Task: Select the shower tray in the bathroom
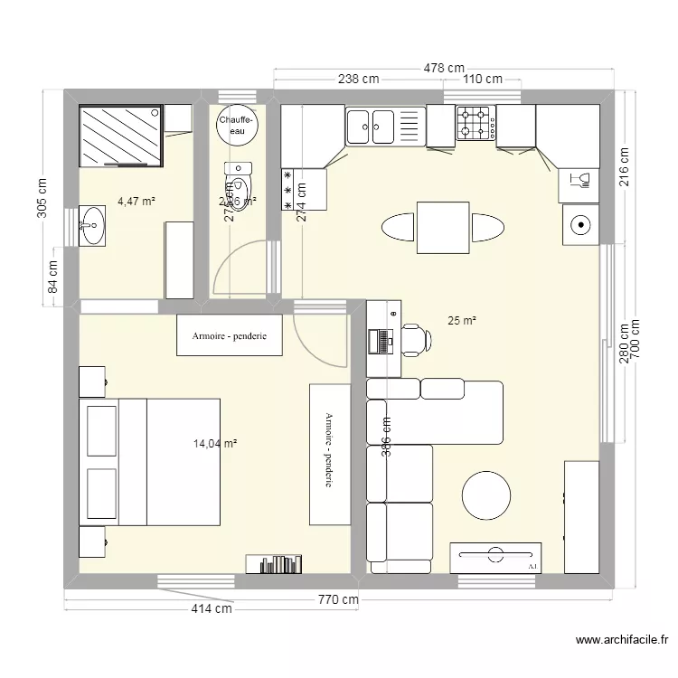pos(122,136)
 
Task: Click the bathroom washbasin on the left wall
pos(94,225)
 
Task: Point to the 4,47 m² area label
pos(137,201)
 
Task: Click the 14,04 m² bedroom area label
pos(215,444)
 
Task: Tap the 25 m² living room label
pos(462,320)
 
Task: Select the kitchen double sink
pos(371,126)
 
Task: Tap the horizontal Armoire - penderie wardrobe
pos(229,336)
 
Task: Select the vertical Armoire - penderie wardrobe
pos(329,453)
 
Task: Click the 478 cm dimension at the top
pos(445,68)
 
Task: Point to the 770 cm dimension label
pos(337,599)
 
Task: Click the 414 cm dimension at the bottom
pos(212,610)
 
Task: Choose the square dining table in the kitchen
pos(442,228)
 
